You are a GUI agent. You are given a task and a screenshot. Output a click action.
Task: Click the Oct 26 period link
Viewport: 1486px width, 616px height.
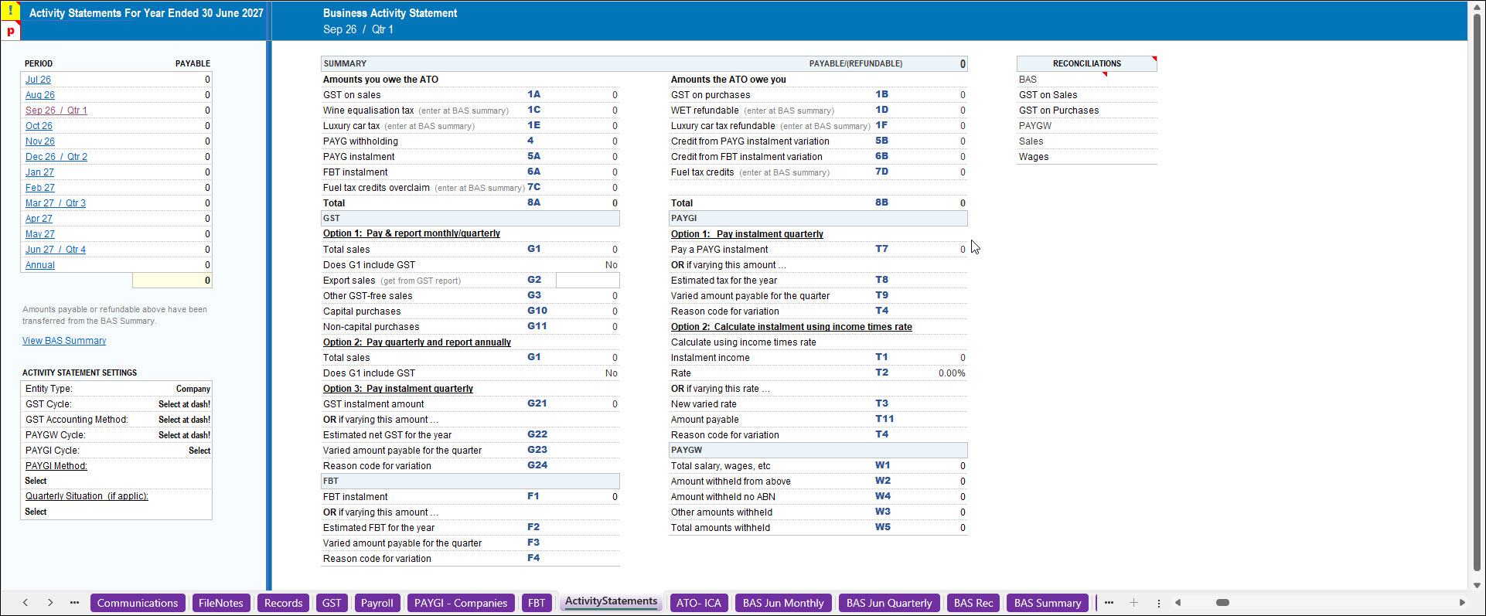tap(39, 126)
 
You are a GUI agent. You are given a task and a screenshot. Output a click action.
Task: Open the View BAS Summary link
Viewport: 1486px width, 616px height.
tap(64, 341)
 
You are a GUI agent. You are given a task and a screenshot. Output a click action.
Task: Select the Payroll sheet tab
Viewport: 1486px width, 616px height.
tap(377, 603)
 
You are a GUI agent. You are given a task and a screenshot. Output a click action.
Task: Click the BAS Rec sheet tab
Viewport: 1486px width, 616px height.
tap(973, 603)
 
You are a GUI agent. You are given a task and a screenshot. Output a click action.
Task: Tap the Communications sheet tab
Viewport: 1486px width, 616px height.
tap(138, 603)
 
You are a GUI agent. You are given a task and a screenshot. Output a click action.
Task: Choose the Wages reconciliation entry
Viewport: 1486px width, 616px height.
tap(1034, 157)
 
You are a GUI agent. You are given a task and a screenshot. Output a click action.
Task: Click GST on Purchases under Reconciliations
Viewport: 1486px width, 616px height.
tap(1058, 111)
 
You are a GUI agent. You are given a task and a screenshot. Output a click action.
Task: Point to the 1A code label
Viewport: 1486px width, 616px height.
tap(534, 94)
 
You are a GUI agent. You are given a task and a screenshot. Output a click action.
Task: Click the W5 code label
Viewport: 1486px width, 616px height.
tap(883, 527)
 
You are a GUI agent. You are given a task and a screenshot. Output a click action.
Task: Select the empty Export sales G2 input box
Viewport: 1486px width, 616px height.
tap(588, 281)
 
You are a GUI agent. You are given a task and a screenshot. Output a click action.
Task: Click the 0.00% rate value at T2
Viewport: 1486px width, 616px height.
tap(952, 373)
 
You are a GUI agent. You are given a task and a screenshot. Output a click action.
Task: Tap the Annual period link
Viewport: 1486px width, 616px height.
tap(40, 265)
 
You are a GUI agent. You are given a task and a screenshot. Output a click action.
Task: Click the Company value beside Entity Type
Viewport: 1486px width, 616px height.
tap(193, 389)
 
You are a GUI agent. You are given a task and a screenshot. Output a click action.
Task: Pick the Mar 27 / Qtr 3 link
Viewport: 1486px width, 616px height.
tap(56, 203)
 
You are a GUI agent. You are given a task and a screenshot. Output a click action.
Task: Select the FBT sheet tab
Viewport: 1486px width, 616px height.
tap(537, 603)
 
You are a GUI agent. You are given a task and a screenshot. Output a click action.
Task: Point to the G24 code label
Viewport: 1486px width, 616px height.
tap(537, 465)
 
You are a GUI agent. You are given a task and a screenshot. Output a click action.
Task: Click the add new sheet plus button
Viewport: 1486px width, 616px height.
tap(1133, 603)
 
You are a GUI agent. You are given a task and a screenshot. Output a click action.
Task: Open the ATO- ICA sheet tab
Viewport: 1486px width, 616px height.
tap(699, 603)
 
